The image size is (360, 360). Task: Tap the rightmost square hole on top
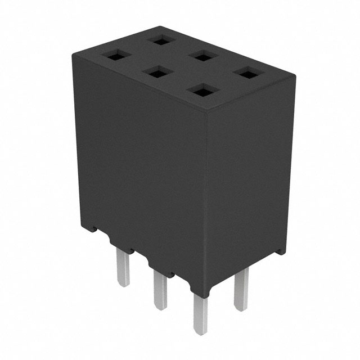pyautogui.click(x=245, y=73)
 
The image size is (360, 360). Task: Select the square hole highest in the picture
pyautogui.click(x=160, y=40)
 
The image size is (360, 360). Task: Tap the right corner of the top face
pyautogui.click(x=295, y=78)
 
